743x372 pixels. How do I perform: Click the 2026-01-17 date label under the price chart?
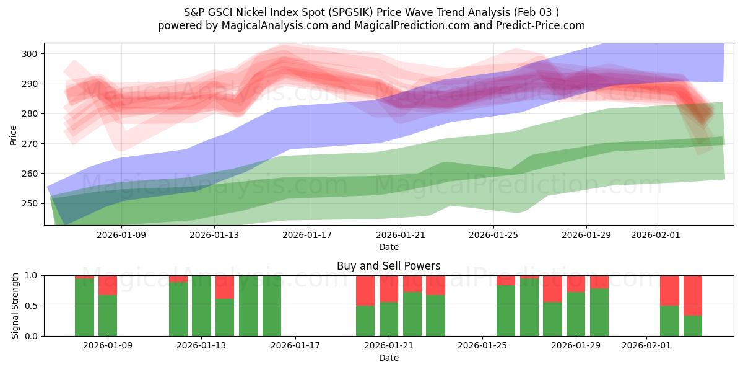tap(308, 235)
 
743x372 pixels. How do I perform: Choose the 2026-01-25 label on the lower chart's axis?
tap(481, 346)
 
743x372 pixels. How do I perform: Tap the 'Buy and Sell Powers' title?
tap(388, 266)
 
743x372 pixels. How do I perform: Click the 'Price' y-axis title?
tap(14, 135)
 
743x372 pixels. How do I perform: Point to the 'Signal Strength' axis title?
tap(15, 306)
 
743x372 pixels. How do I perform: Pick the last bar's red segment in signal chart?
tap(692, 295)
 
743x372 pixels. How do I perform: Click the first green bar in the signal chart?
tap(84, 307)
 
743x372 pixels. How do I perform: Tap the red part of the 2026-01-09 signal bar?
tap(108, 285)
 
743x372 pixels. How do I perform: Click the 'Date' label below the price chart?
tap(388, 247)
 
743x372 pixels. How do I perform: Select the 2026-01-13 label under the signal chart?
tap(202, 346)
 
